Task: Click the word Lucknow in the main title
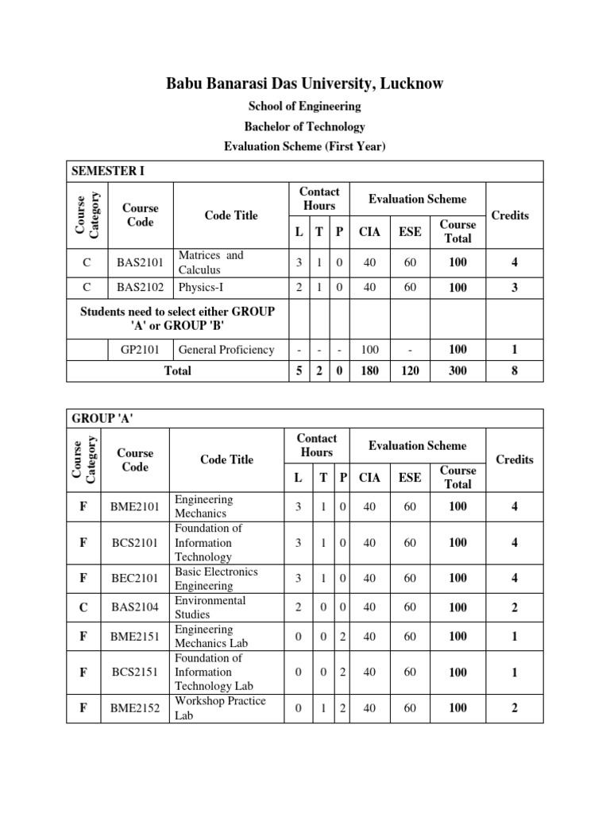coord(408,83)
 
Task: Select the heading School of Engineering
coord(305,106)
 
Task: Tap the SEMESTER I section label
coord(108,170)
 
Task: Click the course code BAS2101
coord(140,262)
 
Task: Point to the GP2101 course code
coord(139,350)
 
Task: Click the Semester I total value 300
coord(457,370)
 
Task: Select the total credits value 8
coord(514,370)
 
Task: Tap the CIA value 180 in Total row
coord(369,370)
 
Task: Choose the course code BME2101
coord(135,506)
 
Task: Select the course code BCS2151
coord(135,673)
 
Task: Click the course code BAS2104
coord(135,607)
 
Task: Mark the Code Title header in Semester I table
coord(231,215)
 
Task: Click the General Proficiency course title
coord(226,350)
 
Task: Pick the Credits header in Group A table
coord(514,459)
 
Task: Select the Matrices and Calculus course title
coord(211,262)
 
